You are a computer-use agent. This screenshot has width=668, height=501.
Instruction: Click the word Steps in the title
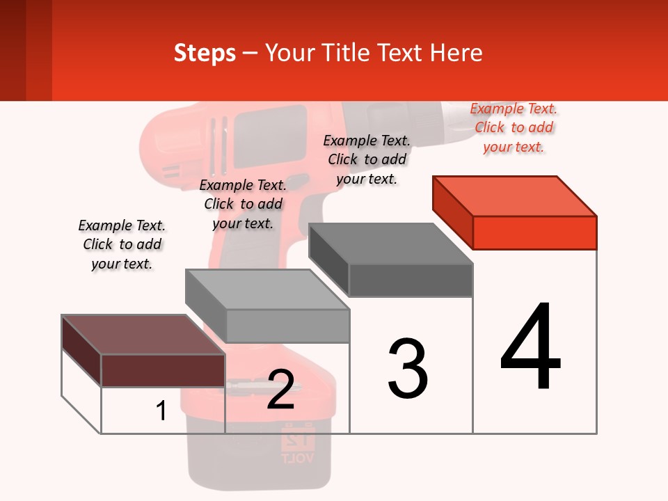click(x=205, y=53)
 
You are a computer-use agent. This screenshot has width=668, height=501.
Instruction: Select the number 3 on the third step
click(x=408, y=369)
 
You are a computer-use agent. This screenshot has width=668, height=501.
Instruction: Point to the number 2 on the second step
click(x=280, y=390)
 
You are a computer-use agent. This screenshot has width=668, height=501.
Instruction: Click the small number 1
click(x=161, y=411)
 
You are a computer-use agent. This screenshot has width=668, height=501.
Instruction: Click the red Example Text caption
click(x=514, y=127)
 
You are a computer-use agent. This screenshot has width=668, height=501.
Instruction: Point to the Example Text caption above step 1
click(x=122, y=244)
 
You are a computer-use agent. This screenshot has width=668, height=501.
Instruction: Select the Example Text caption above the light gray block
click(x=243, y=204)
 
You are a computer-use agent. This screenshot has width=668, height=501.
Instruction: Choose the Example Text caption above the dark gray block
click(x=367, y=159)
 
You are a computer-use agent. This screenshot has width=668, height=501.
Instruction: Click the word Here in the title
click(x=456, y=53)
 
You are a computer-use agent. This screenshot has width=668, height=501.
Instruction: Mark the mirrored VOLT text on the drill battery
click(x=298, y=458)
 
